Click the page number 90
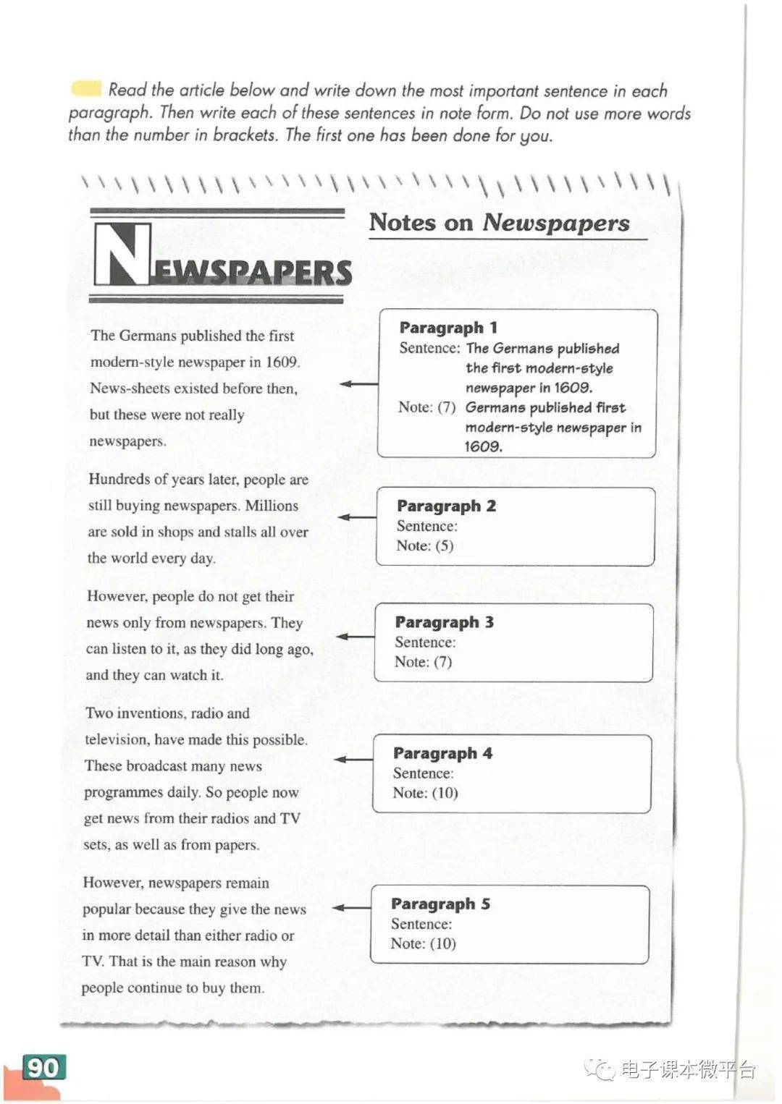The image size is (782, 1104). (x=43, y=1068)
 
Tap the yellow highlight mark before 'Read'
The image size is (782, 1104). (x=86, y=88)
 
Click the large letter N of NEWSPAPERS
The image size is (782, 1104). (x=122, y=255)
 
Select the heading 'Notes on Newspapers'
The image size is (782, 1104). (x=500, y=222)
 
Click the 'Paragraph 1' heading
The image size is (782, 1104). (x=448, y=328)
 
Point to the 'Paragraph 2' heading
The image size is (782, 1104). (x=446, y=506)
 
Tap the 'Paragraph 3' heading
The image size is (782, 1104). (x=445, y=622)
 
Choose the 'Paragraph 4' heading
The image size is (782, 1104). (x=442, y=753)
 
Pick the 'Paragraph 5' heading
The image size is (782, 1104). (x=440, y=904)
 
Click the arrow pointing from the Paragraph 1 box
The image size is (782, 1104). (x=358, y=383)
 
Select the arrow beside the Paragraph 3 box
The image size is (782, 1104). (x=355, y=637)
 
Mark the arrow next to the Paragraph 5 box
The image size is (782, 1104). (x=351, y=907)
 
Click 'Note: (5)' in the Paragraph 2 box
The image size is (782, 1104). (x=425, y=545)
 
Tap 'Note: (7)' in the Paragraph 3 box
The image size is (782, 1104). (x=423, y=661)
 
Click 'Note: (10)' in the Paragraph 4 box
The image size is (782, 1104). (x=425, y=792)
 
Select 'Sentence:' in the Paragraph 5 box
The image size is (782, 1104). (x=421, y=924)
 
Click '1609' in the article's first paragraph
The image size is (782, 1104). (x=282, y=362)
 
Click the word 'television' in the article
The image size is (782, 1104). (x=117, y=739)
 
